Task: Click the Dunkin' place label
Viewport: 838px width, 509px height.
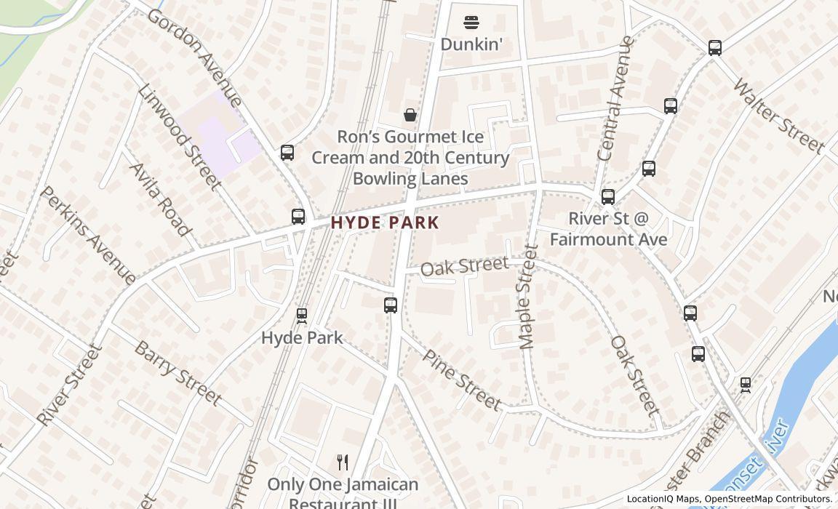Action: [x=471, y=44]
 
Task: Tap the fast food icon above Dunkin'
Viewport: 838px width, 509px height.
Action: [x=471, y=22]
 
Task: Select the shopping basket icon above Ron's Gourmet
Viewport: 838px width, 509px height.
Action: [x=410, y=115]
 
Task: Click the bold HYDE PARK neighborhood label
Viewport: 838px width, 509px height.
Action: [x=385, y=223]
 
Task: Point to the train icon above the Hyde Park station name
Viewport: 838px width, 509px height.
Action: [x=301, y=316]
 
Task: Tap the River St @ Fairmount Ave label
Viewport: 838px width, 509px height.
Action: [x=608, y=228]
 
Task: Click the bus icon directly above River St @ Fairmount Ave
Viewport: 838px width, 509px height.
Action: [x=608, y=197]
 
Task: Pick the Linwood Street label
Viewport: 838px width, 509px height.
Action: [x=179, y=137]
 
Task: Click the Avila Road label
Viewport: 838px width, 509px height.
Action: [x=161, y=199]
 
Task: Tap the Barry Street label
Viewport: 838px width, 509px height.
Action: [x=177, y=372]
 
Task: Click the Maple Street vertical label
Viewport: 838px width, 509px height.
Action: [x=528, y=297]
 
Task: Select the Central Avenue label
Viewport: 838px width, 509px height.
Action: [x=615, y=98]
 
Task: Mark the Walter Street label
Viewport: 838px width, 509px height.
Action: [x=778, y=116]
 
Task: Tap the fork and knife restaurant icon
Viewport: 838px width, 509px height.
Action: [x=343, y=462]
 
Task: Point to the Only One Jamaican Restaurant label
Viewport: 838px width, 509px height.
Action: [x=343, y=492]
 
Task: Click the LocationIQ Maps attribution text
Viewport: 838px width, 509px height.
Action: [x=663, y=499]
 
